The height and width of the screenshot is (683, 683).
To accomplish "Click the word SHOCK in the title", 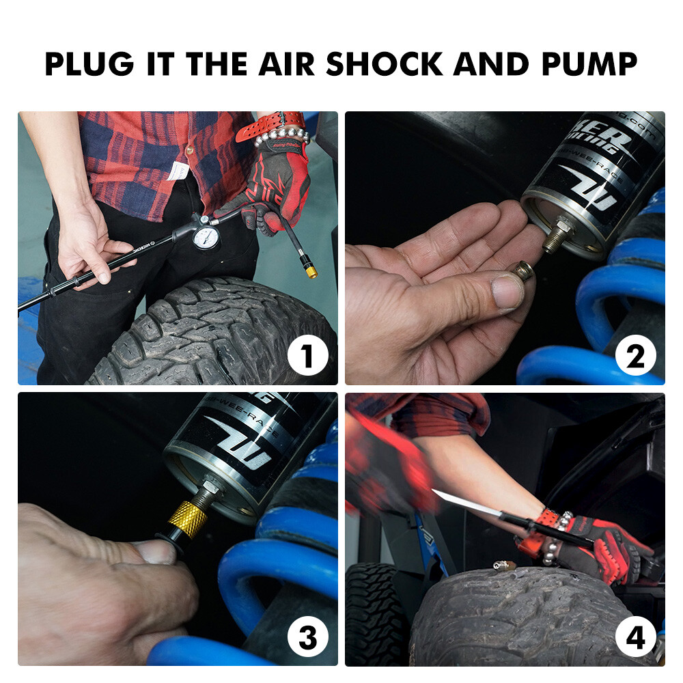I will tap(384, 64).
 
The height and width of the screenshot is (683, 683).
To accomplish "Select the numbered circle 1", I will tap(307, 357).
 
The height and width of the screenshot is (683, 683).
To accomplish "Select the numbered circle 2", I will tap(635, 357).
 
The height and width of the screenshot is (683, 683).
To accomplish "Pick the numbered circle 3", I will tap(307, 638).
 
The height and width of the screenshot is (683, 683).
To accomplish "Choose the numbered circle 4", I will tap(635, 638).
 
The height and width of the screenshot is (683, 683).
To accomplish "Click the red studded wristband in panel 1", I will tap(270, 126).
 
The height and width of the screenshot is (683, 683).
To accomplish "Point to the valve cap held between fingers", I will tap(522, 272).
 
